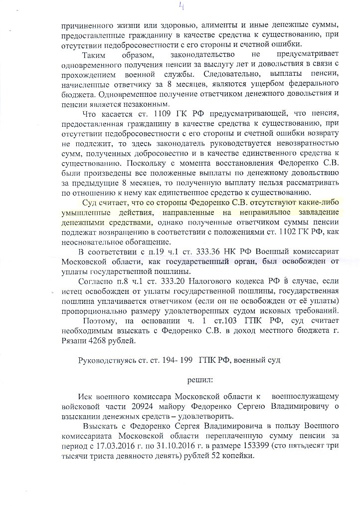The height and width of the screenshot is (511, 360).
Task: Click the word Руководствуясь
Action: tap(106, 361)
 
